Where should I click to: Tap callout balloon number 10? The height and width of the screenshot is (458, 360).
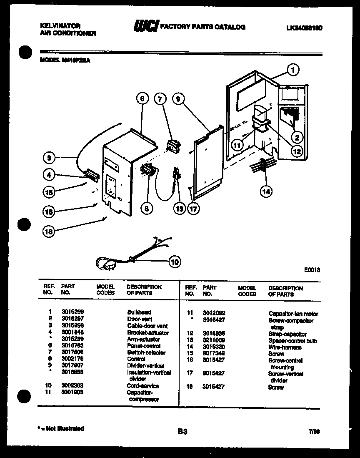point(175,262)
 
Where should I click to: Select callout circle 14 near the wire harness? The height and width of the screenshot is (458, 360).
point(266,191)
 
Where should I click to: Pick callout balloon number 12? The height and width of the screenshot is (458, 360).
point(297,152)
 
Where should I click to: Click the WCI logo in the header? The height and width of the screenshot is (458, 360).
point(145,27)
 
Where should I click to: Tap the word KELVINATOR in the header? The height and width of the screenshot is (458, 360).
point(60,26)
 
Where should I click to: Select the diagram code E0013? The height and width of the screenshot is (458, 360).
point(312,270)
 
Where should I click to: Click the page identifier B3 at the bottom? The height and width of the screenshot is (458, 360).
point(182,432)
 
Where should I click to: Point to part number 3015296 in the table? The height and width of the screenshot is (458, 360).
point(71,312)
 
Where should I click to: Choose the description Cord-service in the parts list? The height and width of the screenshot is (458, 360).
point(142,386)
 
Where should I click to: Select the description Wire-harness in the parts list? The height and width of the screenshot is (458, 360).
point(285,347)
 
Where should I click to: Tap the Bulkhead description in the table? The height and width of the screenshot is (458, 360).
point(139,312)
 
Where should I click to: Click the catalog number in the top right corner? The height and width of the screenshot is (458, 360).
point(305,28)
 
